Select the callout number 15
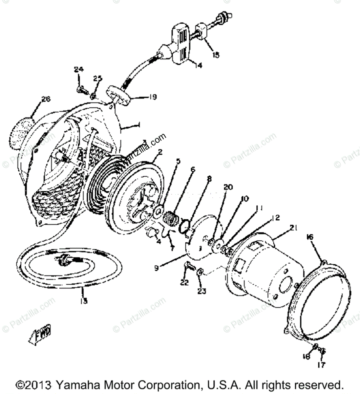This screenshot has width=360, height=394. point(216,55)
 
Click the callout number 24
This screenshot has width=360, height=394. point(79,70)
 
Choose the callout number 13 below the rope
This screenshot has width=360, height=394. point(84,300)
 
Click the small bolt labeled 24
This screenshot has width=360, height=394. point(81,88)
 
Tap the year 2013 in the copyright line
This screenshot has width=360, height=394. point(38,385)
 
